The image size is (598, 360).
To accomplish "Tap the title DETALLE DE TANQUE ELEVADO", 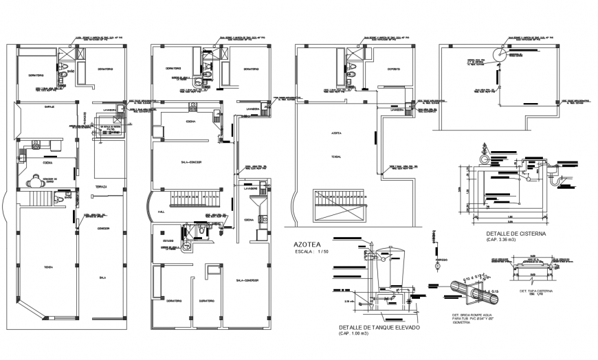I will click(x=380, y=327).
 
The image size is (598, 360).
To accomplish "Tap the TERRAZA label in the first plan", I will click(x=101, y=186).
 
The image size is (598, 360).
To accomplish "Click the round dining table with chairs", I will click(x=34, y=182).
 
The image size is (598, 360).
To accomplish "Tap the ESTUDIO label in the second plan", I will click(x=168, y=241).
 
